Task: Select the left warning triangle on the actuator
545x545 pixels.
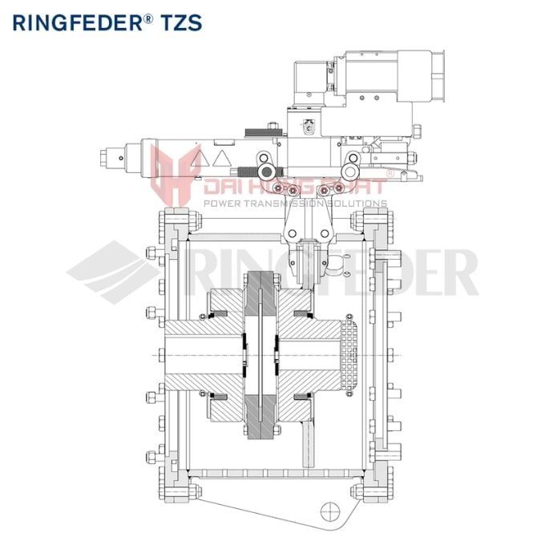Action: point(199,158)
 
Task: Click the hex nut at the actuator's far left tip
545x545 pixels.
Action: point(109,157)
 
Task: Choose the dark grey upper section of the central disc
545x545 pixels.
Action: point(261,298)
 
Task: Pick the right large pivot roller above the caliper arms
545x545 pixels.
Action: point(350,170)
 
